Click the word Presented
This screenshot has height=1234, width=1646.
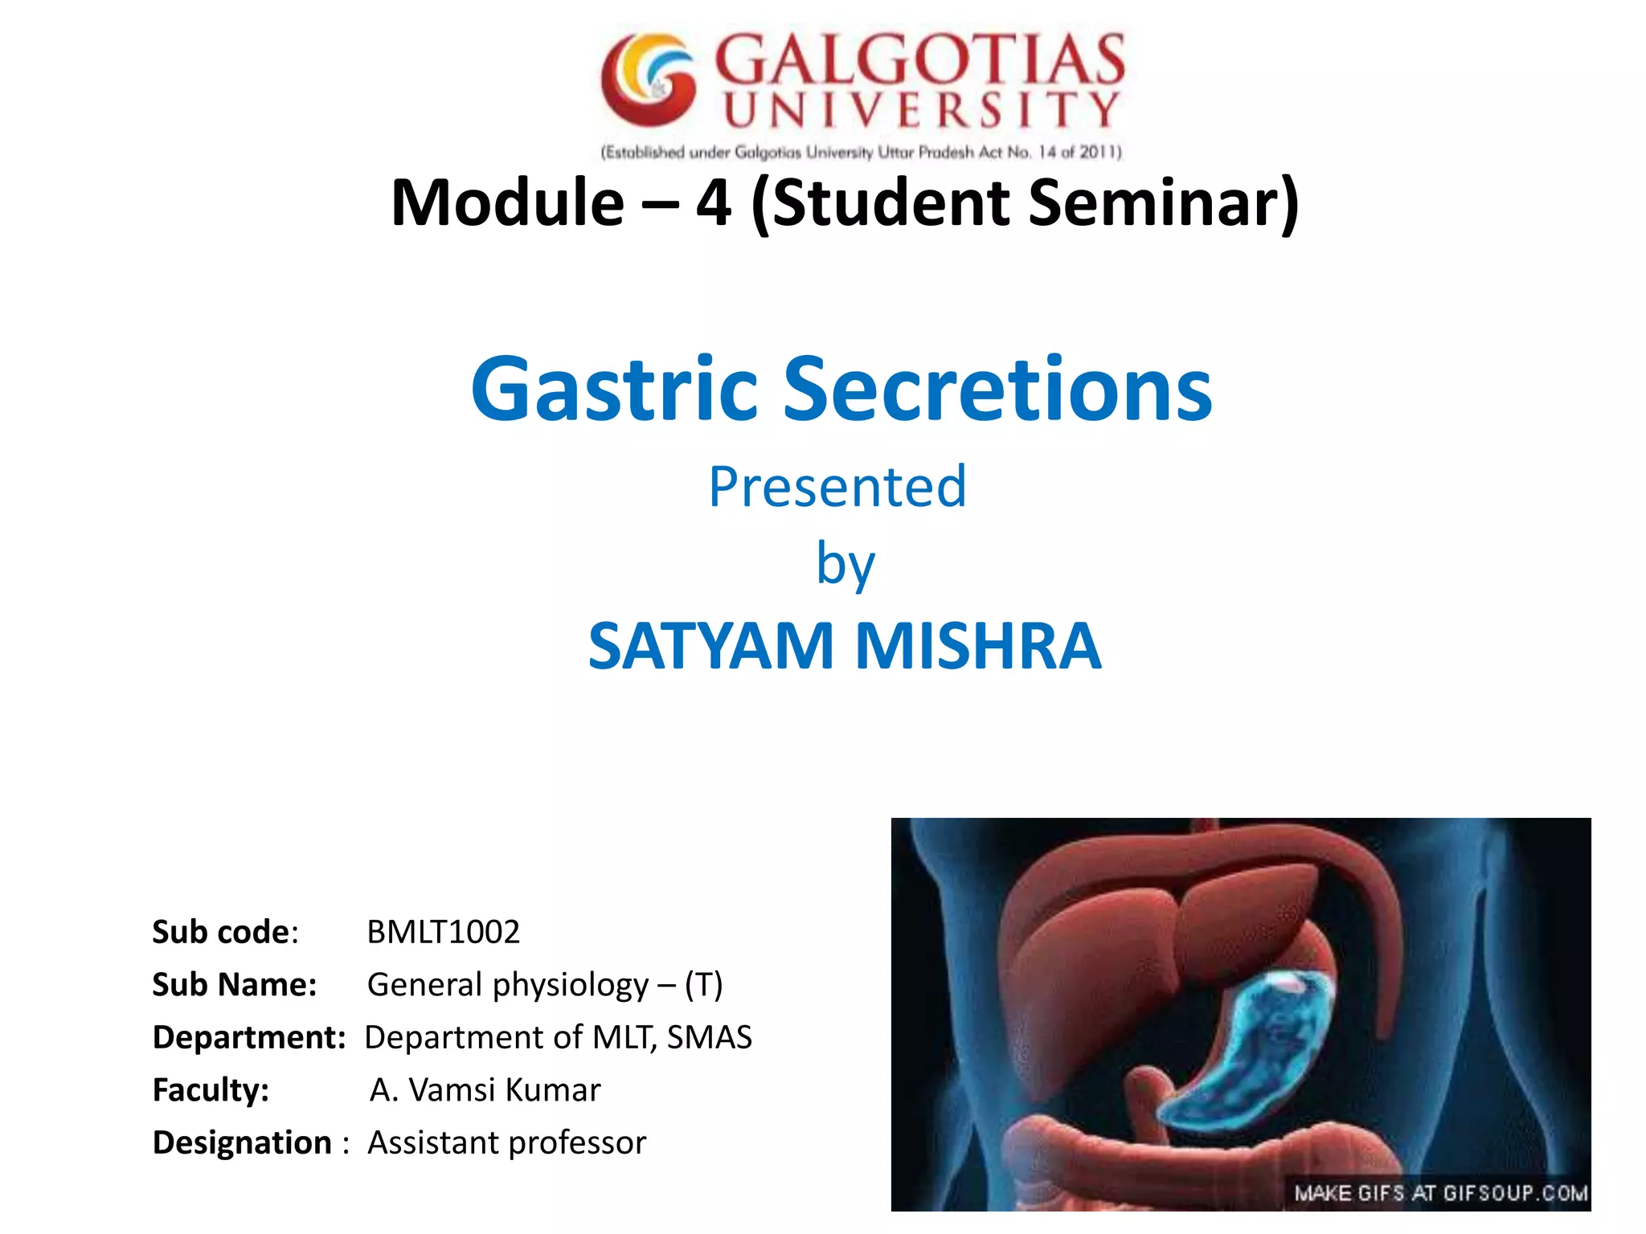[x=837, y=487]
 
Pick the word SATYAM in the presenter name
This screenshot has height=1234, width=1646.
[x=710, y=646]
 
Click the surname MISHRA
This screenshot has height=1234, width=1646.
[x=977, y=646]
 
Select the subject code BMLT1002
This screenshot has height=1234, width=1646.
[x=443, y=932]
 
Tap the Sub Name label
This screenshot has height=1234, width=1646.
[x=235, y=985]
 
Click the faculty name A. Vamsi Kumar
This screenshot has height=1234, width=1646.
[x=485, y=1090]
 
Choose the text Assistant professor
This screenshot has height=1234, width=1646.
[x=506, y=1142]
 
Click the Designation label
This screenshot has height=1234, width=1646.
[x=242, y=1142]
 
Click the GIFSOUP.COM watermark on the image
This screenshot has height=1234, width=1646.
[x=1440, y=1193]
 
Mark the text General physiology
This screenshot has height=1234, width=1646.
[x=508, y=985]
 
